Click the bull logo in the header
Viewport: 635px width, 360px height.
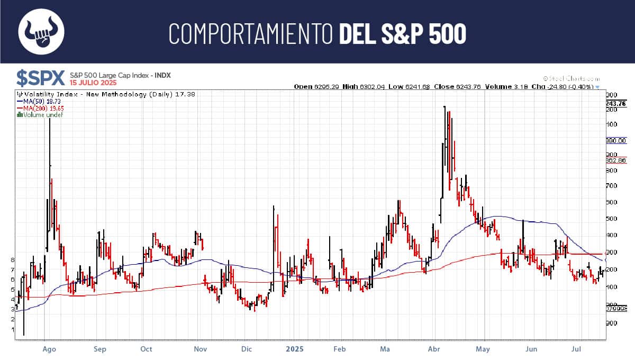41,32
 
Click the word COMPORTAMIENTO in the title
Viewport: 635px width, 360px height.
251,33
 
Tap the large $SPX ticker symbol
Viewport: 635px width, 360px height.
40,78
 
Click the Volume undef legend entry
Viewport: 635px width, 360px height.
40,114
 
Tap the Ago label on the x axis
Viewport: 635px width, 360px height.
49,349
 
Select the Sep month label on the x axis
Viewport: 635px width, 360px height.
99,349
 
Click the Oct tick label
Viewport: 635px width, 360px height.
147,349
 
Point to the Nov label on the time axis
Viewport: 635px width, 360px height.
200,349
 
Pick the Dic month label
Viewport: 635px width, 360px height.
246,349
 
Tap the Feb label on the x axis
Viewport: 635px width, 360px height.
340,349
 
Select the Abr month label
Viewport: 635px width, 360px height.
434,349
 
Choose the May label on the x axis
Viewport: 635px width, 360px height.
483,349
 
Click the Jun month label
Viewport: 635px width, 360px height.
531,349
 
